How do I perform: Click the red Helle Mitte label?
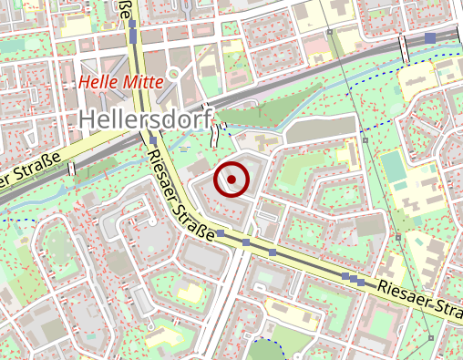pyautogui.click(x=120, y=82)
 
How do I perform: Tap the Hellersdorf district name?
pyautogui.click(x=145, y=118)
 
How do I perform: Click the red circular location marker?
pyautogui.click(x=231, y=179)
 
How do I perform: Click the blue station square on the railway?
pyautogui.click(x=430, y=38)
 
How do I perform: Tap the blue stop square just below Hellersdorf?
pyautogui.click(x=149, y=139)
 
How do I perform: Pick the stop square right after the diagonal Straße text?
pyautogui.click(x=220, y=234)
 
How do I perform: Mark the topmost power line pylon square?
pyautogui.click(x=328, y=31)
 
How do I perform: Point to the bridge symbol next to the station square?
pyautogui.click(x=403, y=53)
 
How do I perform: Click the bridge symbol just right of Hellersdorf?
pyautogui.click(x=215, y=137)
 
